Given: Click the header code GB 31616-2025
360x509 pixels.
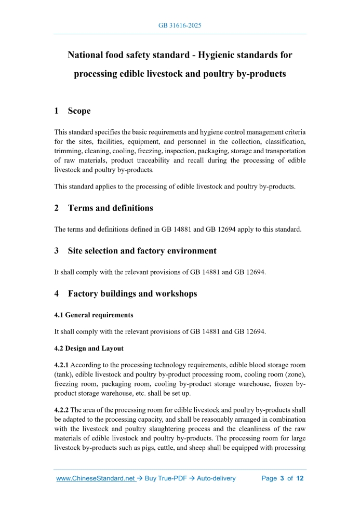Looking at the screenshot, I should pos(180,25).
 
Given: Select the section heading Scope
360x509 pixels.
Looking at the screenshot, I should pos(79,111).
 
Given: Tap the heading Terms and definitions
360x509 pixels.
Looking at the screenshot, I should pos(110,208).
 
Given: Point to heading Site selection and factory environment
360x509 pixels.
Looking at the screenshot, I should pos(142,250).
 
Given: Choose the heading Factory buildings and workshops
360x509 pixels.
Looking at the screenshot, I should pos(132,293).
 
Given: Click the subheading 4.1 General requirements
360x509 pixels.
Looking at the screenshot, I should pos(94,315).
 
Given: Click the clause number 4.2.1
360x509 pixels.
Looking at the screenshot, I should pos(62,365).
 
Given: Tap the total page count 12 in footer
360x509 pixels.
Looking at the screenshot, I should pos(299,478).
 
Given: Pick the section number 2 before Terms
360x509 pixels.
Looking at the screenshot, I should pos(57,208).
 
